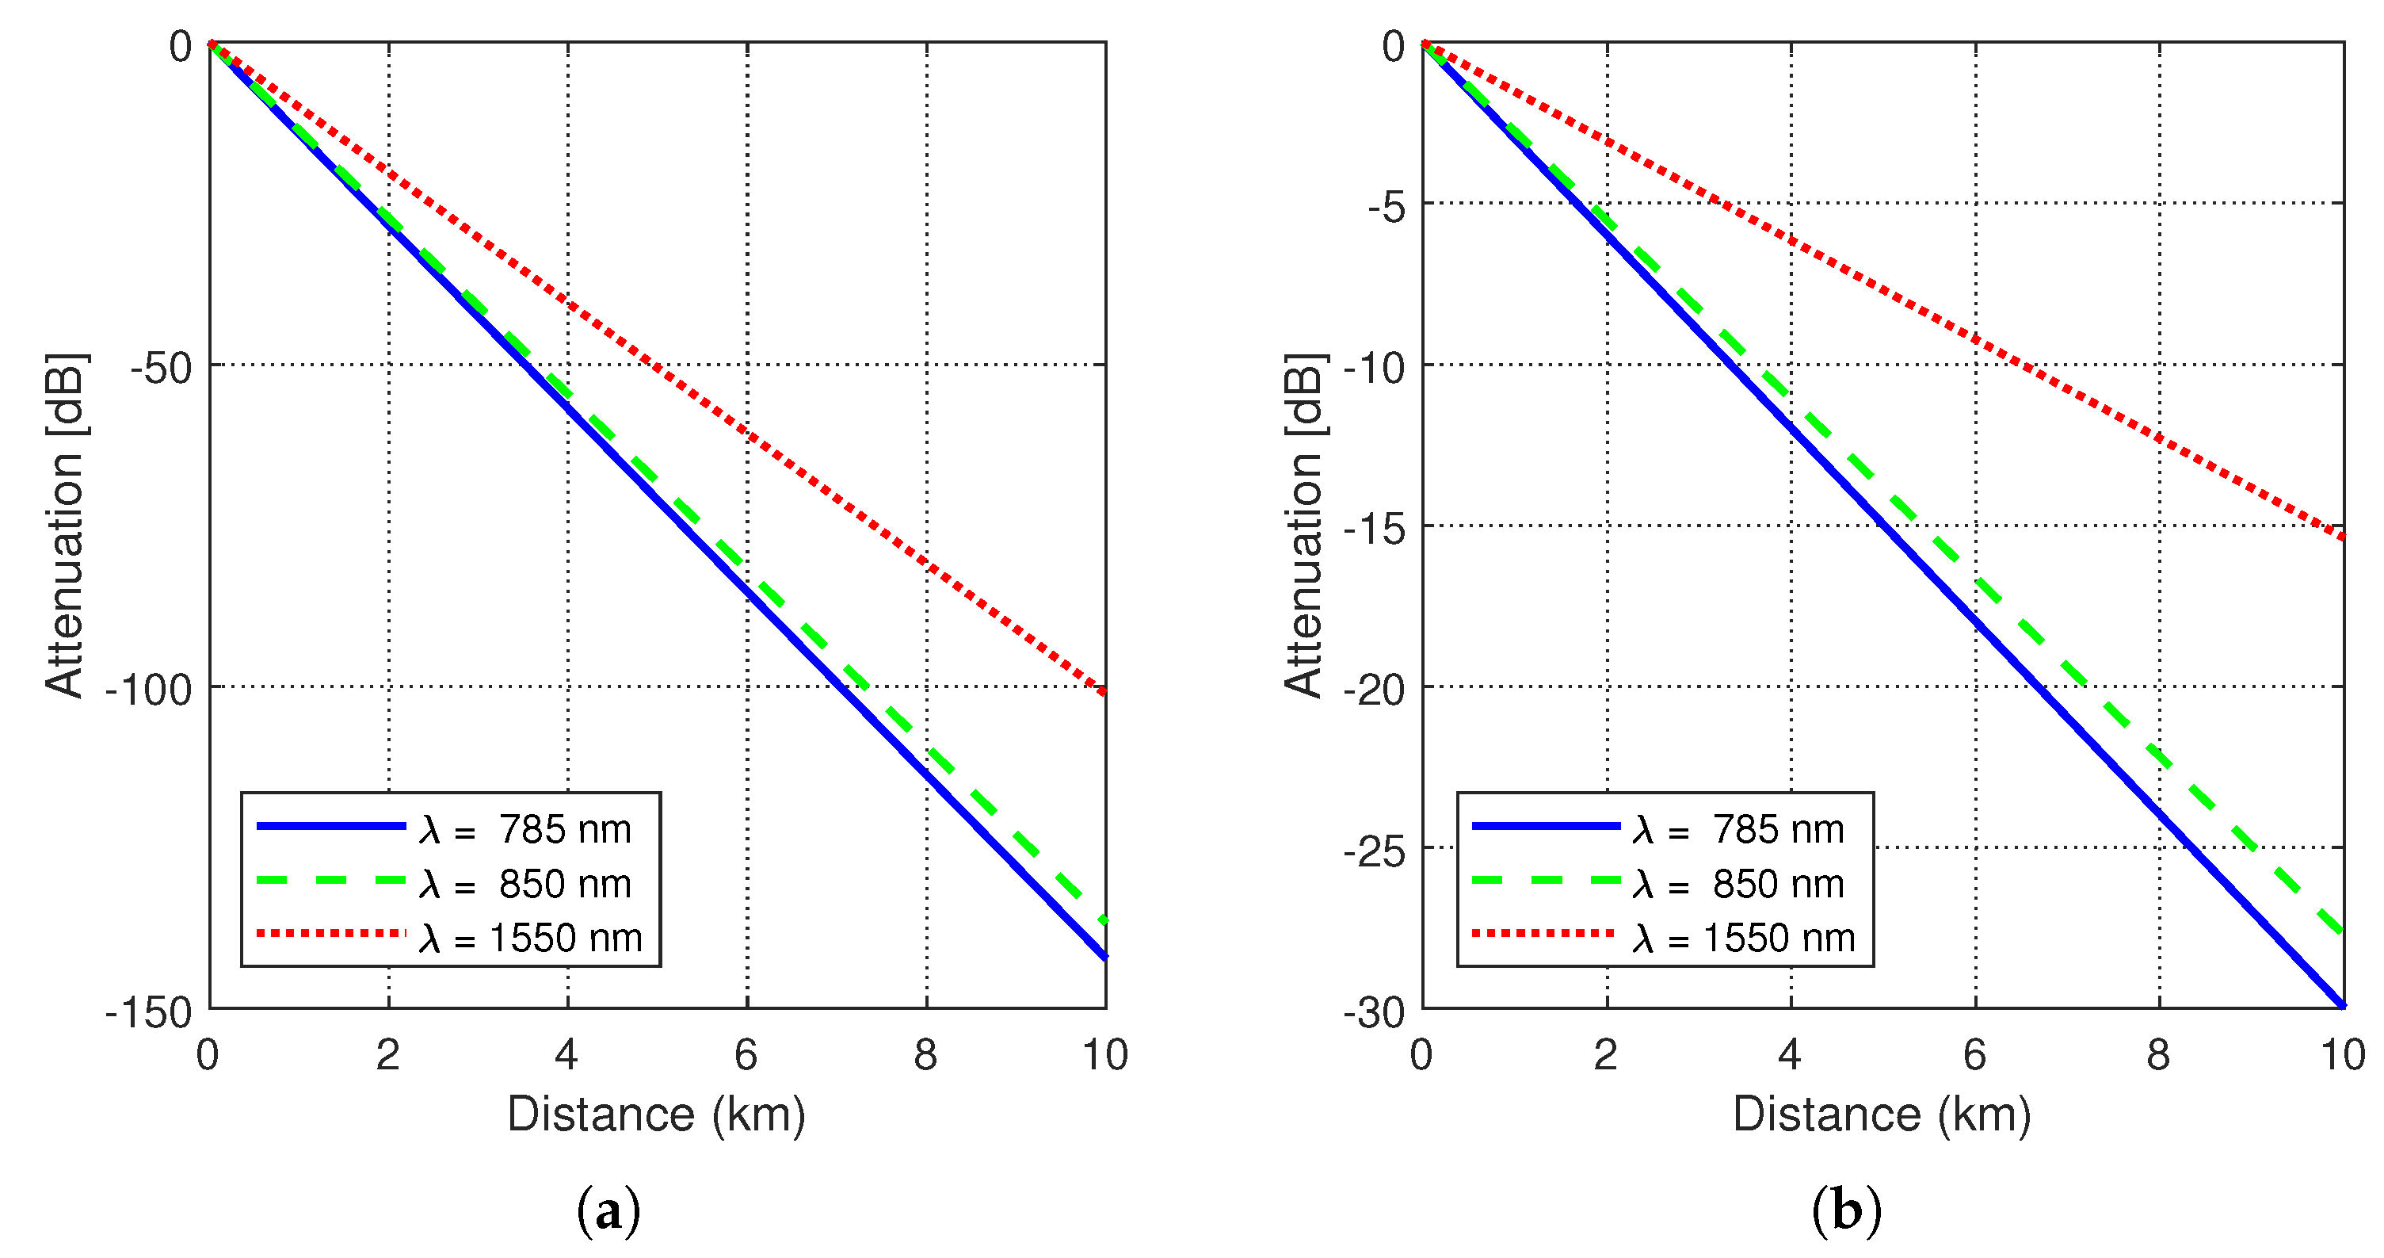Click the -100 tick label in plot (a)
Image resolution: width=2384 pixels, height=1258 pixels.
pyautogui.click(x=149, y=690)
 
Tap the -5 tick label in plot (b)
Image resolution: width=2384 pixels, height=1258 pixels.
pyautogui.click(x=1387, y=208)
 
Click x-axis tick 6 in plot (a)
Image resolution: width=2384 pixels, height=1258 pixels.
pyautogui.click(x=746, y=1055)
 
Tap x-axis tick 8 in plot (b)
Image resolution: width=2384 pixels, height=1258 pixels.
pyautogui.click(x=2158, y=1055)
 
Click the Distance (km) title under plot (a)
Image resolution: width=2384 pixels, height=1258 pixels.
pyautogui.click(x=656, y=1114)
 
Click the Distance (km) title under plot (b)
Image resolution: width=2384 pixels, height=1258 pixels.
pyautogui.click(x=1882, y=1114)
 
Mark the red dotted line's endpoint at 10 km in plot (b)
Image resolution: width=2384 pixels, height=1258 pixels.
pyautogui.click(x=2342, y=536)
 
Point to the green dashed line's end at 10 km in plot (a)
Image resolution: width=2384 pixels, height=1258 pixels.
pyautogui.click(x=1105, y=922)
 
